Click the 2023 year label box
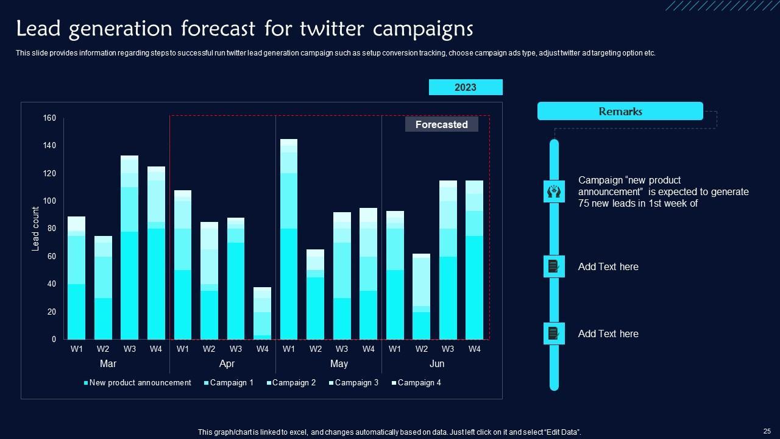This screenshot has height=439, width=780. (x=466, y=87)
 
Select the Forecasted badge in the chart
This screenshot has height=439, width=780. (x=441, y=124)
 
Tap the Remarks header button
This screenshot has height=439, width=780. (x=620, y=112)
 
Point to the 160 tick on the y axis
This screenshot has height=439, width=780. (x=49, y=118)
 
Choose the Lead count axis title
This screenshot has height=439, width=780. (x=35, y=229)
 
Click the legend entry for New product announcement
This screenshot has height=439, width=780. (x=140, y=383)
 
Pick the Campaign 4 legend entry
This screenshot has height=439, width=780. (x=419, y=383)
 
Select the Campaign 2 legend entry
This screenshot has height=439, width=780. (x=294, y=383)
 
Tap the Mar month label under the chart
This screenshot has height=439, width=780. (x=108, y=364)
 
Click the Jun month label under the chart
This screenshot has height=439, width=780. (x=437, y=364)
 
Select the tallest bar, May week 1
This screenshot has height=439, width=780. (x=289, y=239)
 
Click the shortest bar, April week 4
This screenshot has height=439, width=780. (x=262, y=313)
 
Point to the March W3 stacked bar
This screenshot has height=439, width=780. (x=129, y=248)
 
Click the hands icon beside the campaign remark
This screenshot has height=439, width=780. (x=554, y=191)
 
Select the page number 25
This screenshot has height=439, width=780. (x=767, y=430)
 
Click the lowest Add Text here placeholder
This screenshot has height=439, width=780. (x=608, y=334)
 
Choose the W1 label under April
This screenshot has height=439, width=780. (x=182, y=349)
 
